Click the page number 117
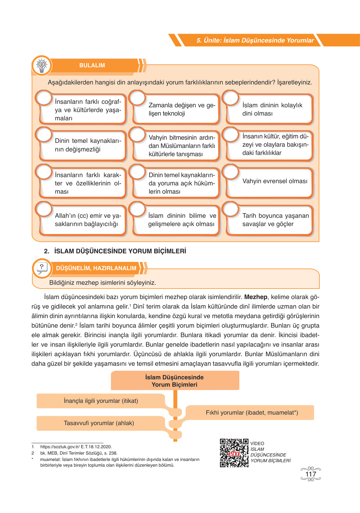click(x=310, y=474)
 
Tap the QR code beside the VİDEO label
click(x=234, y=453)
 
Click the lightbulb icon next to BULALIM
click(x=42, y=65)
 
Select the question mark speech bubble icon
click(x=42, y=268)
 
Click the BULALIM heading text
click(x=92, y=65)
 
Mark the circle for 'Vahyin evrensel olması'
click(x=231, y=172)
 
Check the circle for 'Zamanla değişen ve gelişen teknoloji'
click(x=137, y=98)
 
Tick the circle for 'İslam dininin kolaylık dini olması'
click(x=231, y=98)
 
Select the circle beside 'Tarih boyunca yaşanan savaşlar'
click(x=231, y=209)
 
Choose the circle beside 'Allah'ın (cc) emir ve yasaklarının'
click(x=44, y=209)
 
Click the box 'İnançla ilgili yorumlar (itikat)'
click(x=101, y=401)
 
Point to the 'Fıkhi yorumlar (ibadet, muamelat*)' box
click(x=252, y=412)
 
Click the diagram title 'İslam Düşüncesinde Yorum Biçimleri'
click(x=175, y=381)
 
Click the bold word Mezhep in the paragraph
click(x=256, y=297)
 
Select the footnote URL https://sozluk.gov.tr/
click(x=76, y=447)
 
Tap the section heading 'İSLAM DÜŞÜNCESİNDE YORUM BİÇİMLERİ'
click(x=120, y=251)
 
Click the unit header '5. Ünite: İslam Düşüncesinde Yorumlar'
click(x=255, y=40)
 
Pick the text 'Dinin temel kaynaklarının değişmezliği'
click(x=88, y=145)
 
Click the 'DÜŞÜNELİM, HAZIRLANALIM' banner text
click(x=96, y=268)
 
